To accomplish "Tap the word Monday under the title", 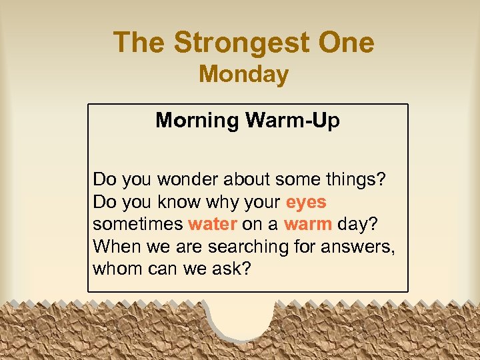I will click(x=243, y=74).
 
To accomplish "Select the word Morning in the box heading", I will click(x=197, y=121).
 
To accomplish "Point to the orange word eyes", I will click(x=306, y=201).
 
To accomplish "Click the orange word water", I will click(x=213, y=224).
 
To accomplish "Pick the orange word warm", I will click(x=308, y=224).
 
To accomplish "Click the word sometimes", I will click(x=138, y=224).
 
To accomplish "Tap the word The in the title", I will click(x=140, y=43).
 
